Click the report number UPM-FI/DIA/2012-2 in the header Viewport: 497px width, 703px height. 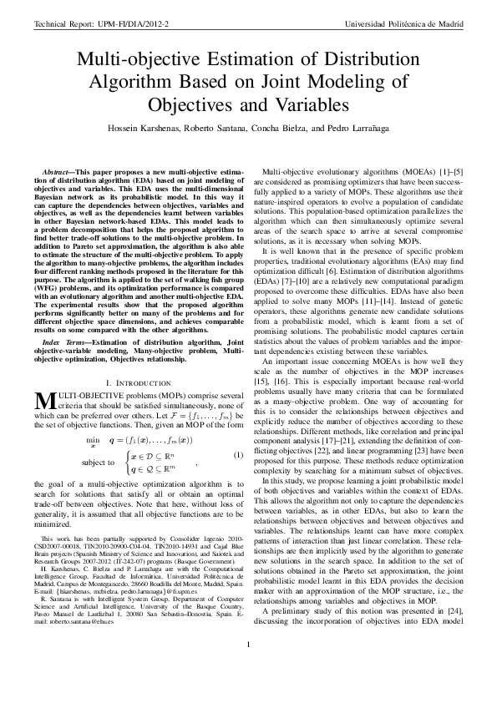pos(132,23)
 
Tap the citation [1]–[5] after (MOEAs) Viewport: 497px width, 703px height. pos(443,170)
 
